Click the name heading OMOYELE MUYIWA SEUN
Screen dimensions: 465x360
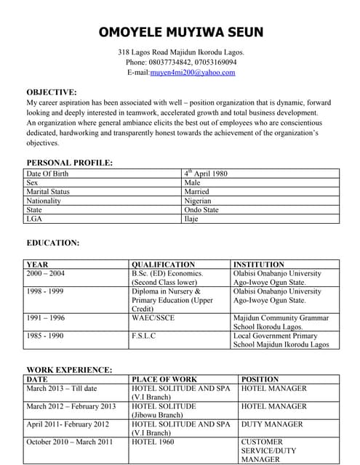point(181,33)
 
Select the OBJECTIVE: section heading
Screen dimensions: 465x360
point(52,92)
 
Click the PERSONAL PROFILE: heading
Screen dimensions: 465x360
point(69,163)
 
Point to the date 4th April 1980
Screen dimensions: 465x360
point(206,174)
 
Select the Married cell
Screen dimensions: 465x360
point(197,192)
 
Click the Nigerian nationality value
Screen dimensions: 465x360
point(198,201)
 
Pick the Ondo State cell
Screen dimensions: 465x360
point(201,209)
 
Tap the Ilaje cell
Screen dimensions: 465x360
point(191,218)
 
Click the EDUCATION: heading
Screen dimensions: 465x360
point(53,243)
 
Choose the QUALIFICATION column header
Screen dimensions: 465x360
point(164,264)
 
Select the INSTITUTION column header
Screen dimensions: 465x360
point(259,264)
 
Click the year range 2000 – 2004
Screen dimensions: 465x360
point(45,274)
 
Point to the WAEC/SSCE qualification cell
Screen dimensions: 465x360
point(153,318)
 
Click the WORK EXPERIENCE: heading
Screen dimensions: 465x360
point(69,370)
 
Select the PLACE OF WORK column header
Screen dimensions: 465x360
point(164,379)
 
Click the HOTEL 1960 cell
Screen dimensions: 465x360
point(153,442)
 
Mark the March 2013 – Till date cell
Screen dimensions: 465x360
point(61,389)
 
